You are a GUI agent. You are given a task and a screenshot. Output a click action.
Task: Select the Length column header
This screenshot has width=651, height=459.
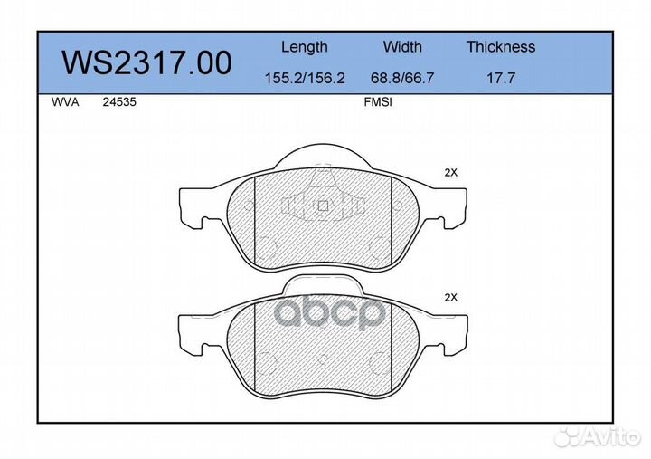click(305, 47)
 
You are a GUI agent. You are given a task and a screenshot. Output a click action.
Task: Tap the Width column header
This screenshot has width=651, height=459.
click(402, 47)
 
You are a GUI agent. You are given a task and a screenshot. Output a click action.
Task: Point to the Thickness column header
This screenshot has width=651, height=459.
click(501, 47)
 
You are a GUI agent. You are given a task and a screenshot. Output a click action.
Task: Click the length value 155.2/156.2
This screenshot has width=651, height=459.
click(305, 79)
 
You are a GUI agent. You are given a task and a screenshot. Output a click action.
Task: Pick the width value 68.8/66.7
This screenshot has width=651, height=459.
click(402, 79)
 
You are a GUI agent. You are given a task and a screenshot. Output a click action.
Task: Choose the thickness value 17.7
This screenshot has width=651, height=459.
click(501, 79)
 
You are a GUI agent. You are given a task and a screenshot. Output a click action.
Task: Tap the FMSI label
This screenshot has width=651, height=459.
click(377, 103)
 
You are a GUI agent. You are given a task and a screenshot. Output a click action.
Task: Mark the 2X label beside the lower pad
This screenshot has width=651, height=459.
click(451, 297)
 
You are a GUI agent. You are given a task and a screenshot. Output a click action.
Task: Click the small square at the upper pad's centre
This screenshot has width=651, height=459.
click(323, 205)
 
